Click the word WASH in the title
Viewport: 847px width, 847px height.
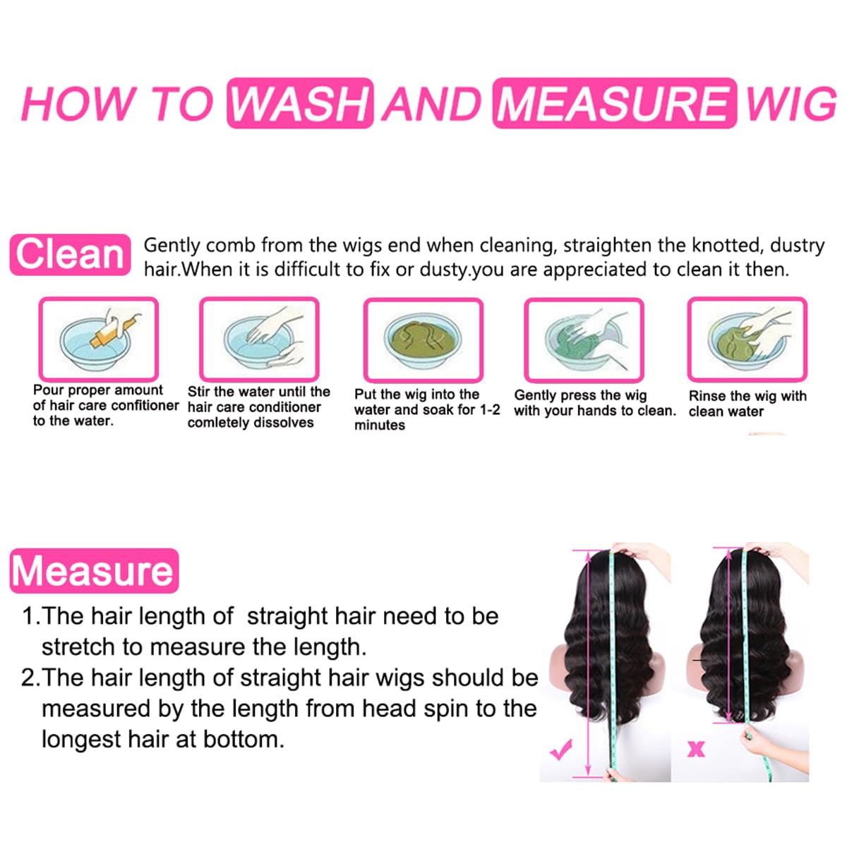tap(300, 104)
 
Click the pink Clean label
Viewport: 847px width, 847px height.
tap(70, 254)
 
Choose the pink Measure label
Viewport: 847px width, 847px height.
tap(93, 570)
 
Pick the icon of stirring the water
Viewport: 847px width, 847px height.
tap(259, 339)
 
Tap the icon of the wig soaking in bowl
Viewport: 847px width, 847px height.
tap(423, 340)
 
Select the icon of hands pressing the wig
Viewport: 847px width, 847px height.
tap(584, 340)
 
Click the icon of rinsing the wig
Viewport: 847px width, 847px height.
tap(747, 339)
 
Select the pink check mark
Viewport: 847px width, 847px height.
tap(562, 749)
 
